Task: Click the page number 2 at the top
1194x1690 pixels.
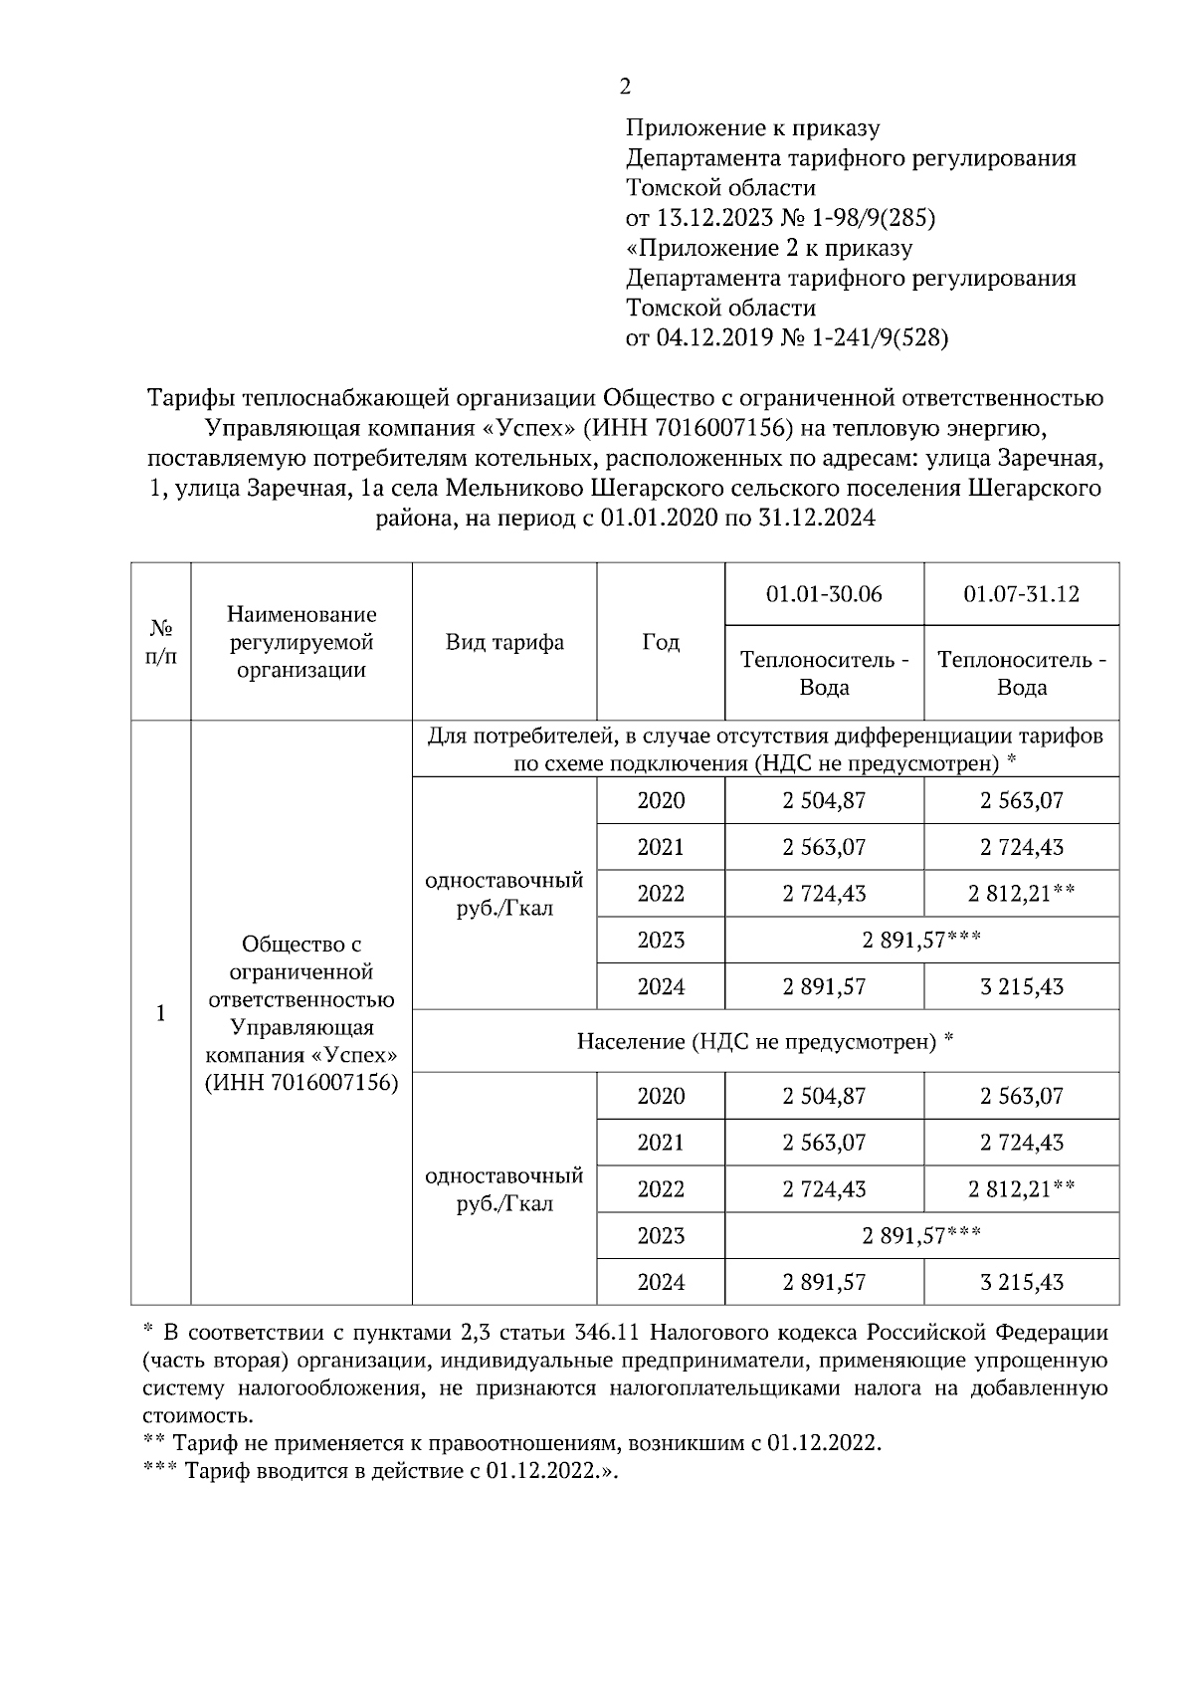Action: tap(625, 87)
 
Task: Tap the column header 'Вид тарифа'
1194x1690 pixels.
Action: tap(504, 642)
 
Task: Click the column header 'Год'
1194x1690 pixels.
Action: tap(661, 642)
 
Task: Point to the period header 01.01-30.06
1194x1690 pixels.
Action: tap(824, 594)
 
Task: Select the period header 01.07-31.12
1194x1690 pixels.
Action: tap(1021, 594)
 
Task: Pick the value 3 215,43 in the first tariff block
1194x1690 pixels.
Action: tap(1021, 986)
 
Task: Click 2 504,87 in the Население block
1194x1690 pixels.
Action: tap(824, 1096)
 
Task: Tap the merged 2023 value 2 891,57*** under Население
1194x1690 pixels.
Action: tap(921, 1235)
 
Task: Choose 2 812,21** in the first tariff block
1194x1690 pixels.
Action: tap(1021, 894)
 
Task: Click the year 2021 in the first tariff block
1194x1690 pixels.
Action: tap(661, 847)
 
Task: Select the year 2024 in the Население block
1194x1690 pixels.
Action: tap(661, 1282)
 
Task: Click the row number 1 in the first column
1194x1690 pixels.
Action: tap(161, 1013)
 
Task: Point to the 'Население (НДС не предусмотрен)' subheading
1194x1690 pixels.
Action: tap(765, 1041)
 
